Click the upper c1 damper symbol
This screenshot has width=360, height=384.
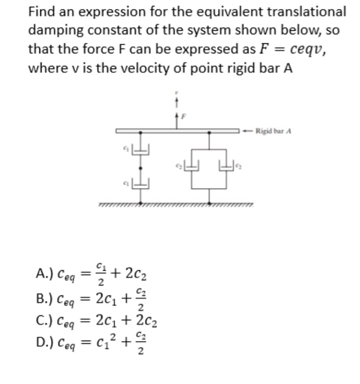[140, 148]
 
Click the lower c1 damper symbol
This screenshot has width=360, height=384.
[140, 183]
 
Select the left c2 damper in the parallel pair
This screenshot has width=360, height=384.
[192, 165]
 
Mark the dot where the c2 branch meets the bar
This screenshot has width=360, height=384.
[209, 131]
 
